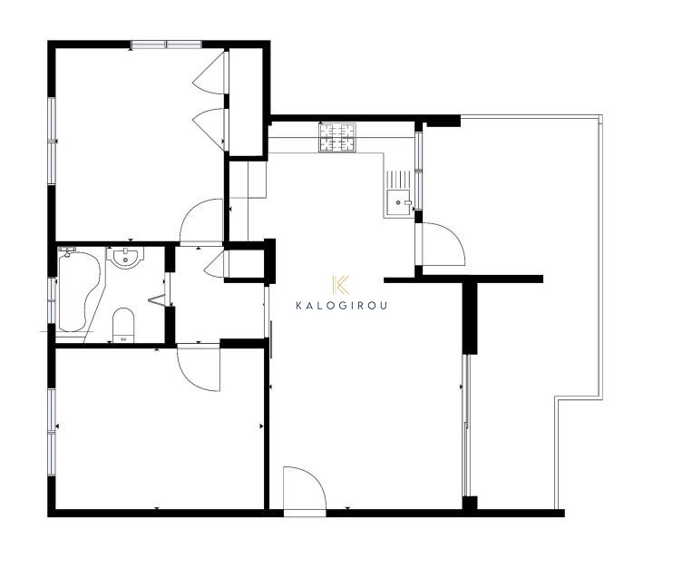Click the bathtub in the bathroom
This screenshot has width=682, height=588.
(78, 290)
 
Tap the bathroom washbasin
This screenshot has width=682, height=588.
(126, 258)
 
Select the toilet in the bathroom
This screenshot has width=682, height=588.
(123, 325)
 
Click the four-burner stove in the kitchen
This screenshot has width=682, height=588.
(337, 137)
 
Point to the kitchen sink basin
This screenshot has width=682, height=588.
(399, 203)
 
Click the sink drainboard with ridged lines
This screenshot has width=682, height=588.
(399, 180)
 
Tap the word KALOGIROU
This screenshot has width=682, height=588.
(341, 306)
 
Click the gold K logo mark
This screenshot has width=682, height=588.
(341, 285)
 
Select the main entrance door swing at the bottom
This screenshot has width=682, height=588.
(305, 488)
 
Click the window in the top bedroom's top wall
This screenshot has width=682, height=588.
(167, 44)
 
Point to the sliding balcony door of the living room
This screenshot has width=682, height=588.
(466, 426)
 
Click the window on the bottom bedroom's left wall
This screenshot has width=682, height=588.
(52, 432)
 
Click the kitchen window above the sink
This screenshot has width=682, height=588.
(418, 171)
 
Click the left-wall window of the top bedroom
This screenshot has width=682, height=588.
(52, 141)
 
